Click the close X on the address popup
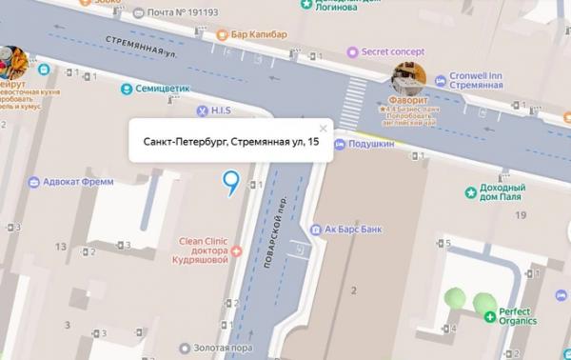click(x=323, y=128)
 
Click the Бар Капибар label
click(x=258, y=35)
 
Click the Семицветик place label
click(x=163, y=90)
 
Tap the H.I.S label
click(x=221, y=110)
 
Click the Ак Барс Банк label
click(x=359, y=230)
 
